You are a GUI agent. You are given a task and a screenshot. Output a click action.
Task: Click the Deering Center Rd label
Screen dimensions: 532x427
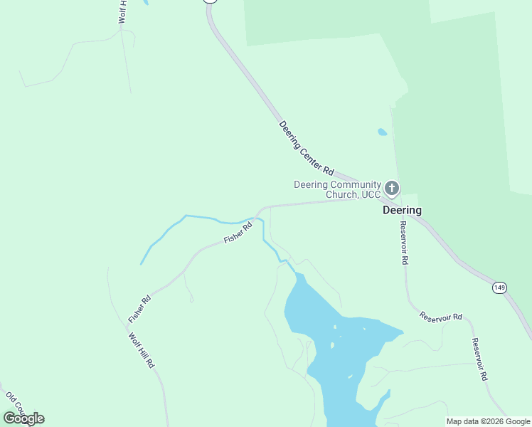point(307,148)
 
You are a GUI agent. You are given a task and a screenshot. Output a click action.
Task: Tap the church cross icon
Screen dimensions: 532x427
point(391,189)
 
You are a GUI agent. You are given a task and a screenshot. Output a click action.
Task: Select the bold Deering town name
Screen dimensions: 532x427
point(402,211)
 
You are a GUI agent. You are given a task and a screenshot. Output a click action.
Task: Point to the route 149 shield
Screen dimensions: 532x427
point(499,288)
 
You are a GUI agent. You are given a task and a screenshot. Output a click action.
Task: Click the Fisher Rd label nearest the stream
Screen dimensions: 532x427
point(238,233)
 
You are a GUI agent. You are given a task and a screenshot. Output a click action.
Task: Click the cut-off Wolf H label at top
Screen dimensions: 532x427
point(122,12)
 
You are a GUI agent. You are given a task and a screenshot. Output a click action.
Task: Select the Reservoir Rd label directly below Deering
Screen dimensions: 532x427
point(403,243)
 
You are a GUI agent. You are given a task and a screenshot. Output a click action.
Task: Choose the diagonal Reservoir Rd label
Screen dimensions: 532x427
point(440,316)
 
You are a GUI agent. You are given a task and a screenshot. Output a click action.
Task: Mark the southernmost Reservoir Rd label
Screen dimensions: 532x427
point(480,359)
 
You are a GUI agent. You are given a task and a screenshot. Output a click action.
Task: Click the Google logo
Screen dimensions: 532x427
point(23,418)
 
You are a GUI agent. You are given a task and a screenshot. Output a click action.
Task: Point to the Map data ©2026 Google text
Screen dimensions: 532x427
point(488,421)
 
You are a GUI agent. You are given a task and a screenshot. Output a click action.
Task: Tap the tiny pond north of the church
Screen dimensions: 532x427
point(383,132)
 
